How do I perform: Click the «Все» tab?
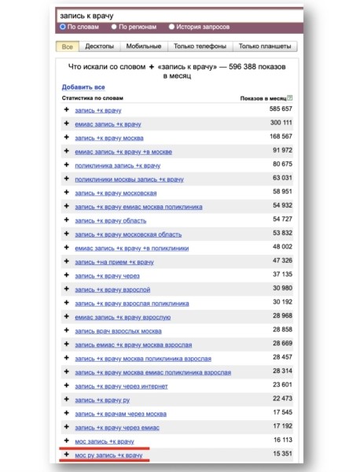point(67,47)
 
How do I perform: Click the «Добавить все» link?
point(83,87)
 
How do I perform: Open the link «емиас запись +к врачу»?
point(109,124)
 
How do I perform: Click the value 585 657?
point(276,109)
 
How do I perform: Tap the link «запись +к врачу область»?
point(110,220)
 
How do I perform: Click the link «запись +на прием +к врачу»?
point(114,261)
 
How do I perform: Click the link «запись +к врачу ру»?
point(102,399)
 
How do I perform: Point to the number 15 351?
point(277,455)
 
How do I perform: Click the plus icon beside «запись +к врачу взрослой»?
point(66,289)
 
